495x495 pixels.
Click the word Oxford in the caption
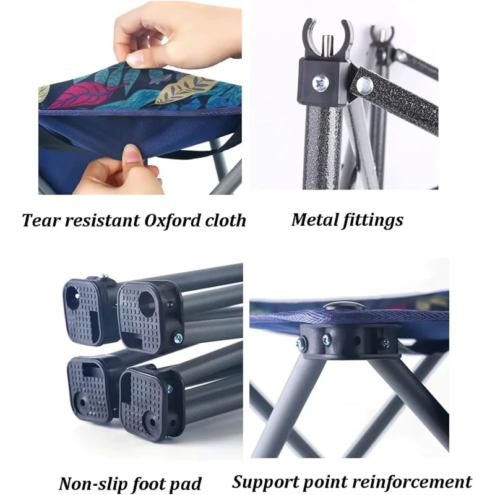point(173,220)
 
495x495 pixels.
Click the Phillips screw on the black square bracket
point(321,84)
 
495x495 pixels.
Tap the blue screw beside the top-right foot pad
point(178,338)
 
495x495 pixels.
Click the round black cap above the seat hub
point(344,306)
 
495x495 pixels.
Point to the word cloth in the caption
point(226,220)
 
